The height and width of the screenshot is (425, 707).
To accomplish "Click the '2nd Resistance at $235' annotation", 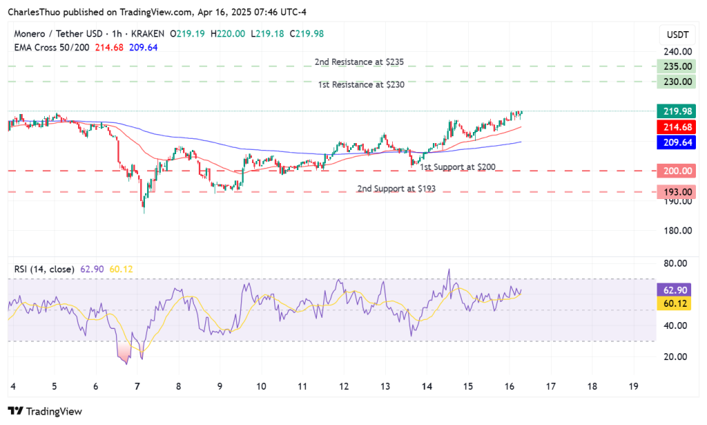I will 358,62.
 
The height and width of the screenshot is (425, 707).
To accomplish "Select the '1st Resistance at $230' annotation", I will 361,84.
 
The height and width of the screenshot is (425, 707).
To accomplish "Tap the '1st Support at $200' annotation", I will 457,167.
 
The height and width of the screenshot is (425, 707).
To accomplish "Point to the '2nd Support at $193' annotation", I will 396,189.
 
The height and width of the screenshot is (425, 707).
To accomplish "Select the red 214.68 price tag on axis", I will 677,127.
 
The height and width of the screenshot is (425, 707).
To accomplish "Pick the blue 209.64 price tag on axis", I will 677,142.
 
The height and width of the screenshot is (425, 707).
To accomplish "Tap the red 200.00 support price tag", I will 677,171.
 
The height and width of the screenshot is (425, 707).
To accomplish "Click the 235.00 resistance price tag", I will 677,66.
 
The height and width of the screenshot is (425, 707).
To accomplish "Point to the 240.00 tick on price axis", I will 677,52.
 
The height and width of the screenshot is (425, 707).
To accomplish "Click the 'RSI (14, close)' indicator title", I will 43,269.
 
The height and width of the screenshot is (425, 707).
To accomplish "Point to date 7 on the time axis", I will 137,385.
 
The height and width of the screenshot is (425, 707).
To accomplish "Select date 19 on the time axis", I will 634,385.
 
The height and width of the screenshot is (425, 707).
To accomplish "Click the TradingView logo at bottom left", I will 45,411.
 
